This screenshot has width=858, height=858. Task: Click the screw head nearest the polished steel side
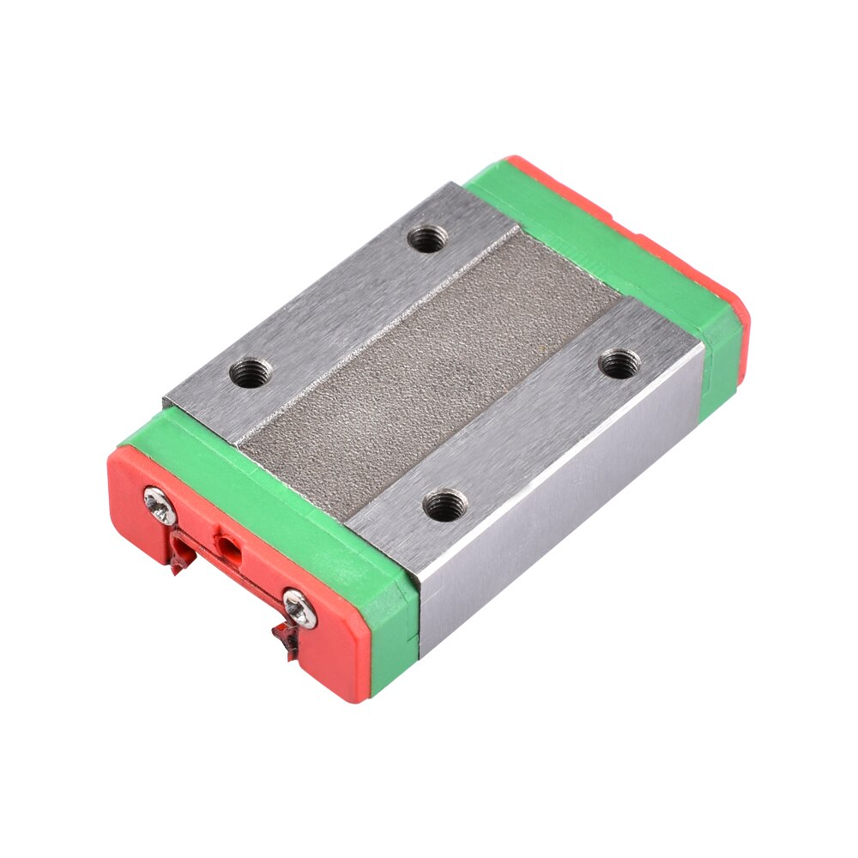299,607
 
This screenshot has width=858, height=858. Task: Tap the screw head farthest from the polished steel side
160,505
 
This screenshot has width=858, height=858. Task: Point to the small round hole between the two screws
227,543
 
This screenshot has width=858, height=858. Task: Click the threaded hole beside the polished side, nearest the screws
444,505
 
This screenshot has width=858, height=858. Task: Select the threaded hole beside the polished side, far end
619,364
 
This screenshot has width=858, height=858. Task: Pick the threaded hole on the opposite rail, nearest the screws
251,374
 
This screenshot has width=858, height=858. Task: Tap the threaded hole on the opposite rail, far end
426,239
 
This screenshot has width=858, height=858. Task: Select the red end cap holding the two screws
232,583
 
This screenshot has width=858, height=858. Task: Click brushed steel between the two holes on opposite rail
339,305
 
